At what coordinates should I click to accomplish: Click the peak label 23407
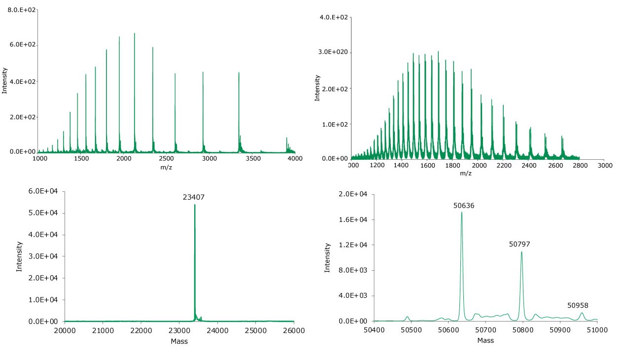tap(195, 197)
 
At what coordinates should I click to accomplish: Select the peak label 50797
tap(520, 244)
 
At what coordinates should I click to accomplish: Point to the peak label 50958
tap(578, 305)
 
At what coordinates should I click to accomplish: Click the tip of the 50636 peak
tap(462, 212)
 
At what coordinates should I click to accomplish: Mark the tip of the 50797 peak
tap(522, 252)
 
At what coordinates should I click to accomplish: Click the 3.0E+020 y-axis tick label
tap(334, 53)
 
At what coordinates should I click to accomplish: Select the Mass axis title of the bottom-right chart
tap(486, 340)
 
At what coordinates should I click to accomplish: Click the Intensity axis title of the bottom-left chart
tap(20, 256)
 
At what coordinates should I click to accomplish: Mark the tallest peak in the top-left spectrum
tap(135, 34)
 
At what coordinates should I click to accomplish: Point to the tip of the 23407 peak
tap(195, 205)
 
